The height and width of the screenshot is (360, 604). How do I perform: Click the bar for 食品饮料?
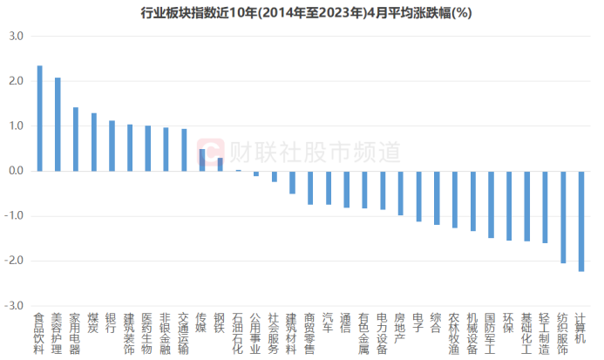[39, 119]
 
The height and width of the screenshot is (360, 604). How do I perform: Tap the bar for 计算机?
[580, 221]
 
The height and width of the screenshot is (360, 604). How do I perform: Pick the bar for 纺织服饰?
[562, 217]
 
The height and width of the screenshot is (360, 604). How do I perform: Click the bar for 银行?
[112, 146]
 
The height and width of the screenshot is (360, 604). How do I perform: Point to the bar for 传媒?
[202, 160]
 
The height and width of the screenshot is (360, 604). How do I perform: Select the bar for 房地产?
[400, 193]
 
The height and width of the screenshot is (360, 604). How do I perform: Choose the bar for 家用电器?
[76, 139]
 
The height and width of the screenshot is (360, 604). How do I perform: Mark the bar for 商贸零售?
[310, 187]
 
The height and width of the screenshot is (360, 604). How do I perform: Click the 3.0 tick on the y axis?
[16, 36]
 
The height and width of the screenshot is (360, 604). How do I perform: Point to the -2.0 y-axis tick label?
[14, 261]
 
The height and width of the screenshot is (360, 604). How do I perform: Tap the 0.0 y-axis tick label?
[16, 171]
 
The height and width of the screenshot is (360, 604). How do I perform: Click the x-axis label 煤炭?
[93, 323]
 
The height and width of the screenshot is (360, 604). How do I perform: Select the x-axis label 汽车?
[328, 323]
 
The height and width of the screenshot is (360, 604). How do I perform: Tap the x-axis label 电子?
[417, 323]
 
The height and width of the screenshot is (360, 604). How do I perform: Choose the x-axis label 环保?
[508, 323]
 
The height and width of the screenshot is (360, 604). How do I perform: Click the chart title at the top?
[302, 13]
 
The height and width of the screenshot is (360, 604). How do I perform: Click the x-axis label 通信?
[346, 323]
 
